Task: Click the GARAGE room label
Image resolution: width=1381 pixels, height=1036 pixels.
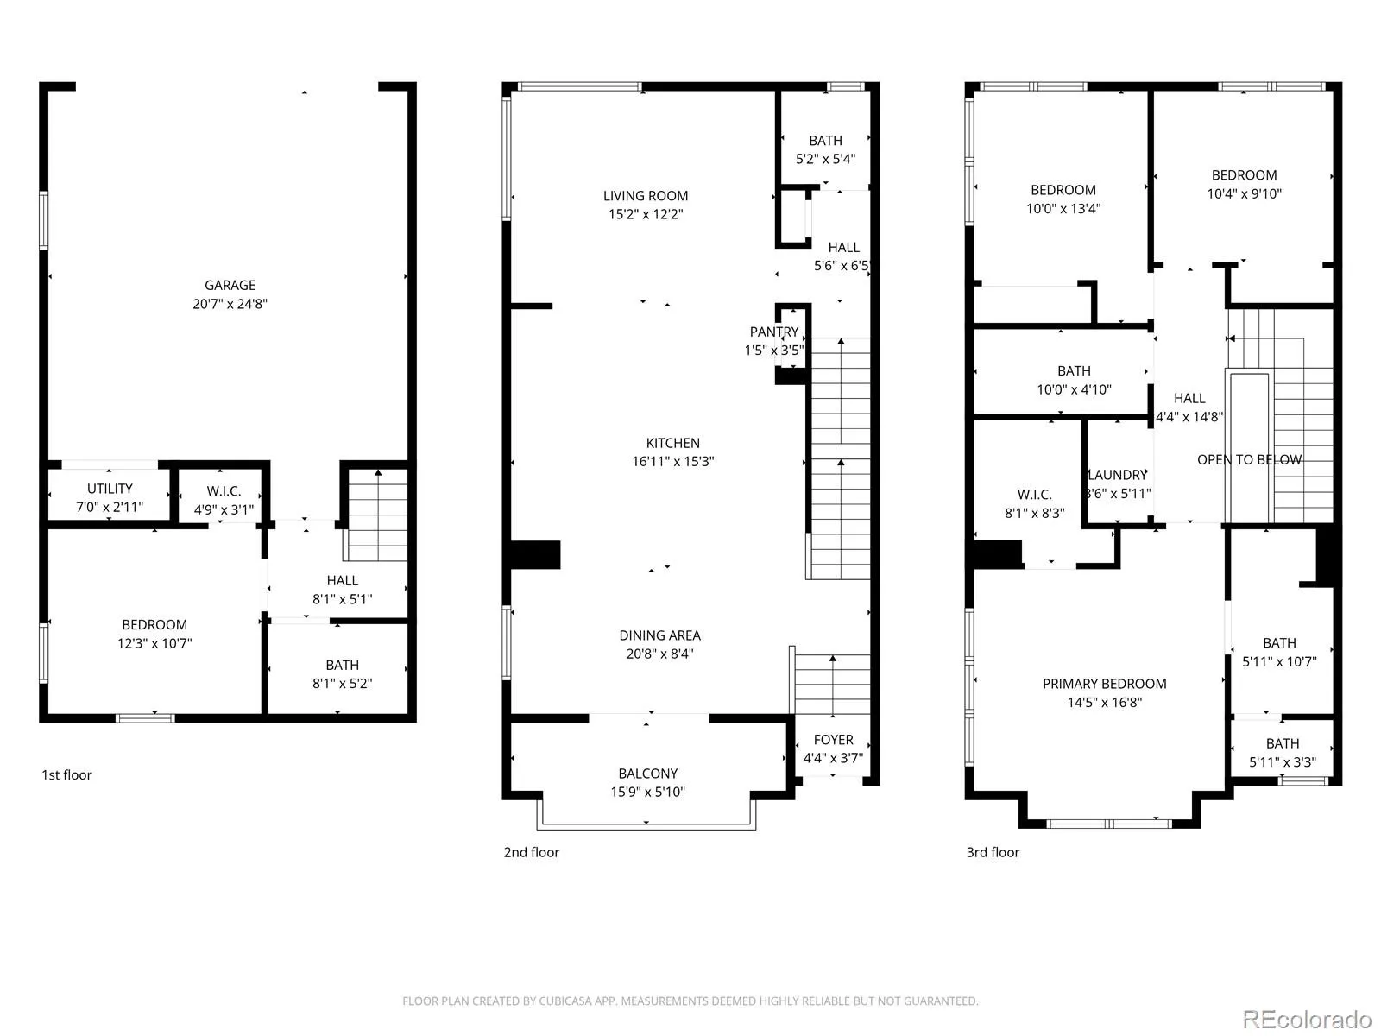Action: coord(230,286)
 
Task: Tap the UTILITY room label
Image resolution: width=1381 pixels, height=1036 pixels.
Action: coord(110,489)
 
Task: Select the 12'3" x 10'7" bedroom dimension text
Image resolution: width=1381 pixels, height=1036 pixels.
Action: coord(154,643)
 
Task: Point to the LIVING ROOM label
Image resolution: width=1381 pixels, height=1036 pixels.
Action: coord(646,196)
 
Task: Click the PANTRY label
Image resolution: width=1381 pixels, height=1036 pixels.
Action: coord(774,332)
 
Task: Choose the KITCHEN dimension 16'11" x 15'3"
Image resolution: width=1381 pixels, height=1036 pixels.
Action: coord(672,461)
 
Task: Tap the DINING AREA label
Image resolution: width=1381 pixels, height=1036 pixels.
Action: coord(659,635)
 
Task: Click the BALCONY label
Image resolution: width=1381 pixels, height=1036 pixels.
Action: coord(647,774)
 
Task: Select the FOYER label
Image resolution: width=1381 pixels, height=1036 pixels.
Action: coord(833,740)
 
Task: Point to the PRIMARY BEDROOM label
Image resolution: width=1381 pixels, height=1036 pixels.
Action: coord(1104,684)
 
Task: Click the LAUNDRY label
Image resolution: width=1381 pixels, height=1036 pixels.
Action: coord(1118,475)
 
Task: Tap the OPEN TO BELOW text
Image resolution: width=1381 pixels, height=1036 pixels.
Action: coord(1249,460)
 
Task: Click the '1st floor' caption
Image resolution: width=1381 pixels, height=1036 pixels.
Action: coord(66,775)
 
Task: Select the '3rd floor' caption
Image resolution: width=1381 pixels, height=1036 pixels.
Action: coord(993,852)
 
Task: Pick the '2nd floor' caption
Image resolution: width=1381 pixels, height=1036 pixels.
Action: coord(531,852)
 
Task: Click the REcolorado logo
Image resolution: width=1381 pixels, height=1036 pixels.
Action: coord(1307,1019)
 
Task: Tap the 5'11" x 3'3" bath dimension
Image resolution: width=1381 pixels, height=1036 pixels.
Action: coord(1283,762)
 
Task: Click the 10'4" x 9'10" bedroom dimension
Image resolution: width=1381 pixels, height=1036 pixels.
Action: coord(1244,193)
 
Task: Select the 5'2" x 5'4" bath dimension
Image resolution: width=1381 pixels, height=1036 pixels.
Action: coord(825,159)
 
